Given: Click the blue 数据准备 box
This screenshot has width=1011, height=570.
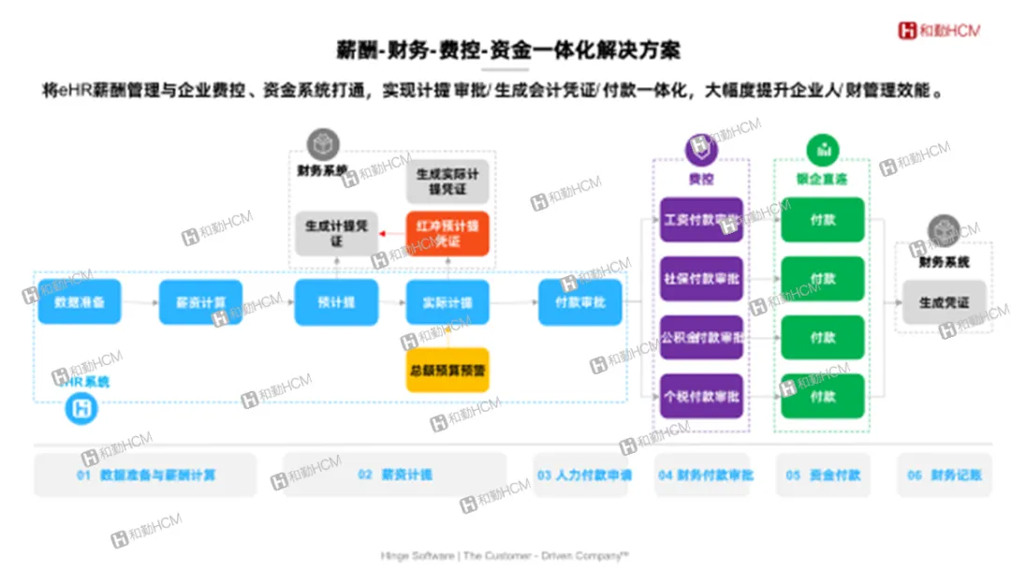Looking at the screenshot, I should point(80,302).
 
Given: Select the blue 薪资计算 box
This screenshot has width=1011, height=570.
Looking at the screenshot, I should point(200,302).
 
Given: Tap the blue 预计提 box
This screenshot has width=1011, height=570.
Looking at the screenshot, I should point(335,302).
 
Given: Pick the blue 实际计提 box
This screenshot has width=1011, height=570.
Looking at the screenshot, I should point(447,302).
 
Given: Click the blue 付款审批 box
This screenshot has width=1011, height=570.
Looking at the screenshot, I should point(580,302).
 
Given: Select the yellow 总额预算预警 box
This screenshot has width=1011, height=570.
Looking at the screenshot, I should point(447,370).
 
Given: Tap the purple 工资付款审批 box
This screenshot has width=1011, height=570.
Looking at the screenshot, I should point(701,221).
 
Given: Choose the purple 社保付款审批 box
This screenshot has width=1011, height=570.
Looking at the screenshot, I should point(701,279).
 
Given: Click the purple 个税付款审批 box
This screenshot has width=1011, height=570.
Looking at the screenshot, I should point(701,396).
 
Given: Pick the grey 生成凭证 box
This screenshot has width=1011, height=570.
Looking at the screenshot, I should point(944,302).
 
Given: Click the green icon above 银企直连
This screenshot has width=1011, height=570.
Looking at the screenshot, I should point(823,150).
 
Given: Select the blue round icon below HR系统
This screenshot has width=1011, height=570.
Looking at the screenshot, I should point(81,409).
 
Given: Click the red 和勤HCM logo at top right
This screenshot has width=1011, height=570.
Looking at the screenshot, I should point(939,31).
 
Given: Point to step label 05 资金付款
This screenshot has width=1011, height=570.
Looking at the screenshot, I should point(823,475).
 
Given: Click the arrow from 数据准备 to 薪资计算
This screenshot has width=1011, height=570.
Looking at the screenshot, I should point(139,302).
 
